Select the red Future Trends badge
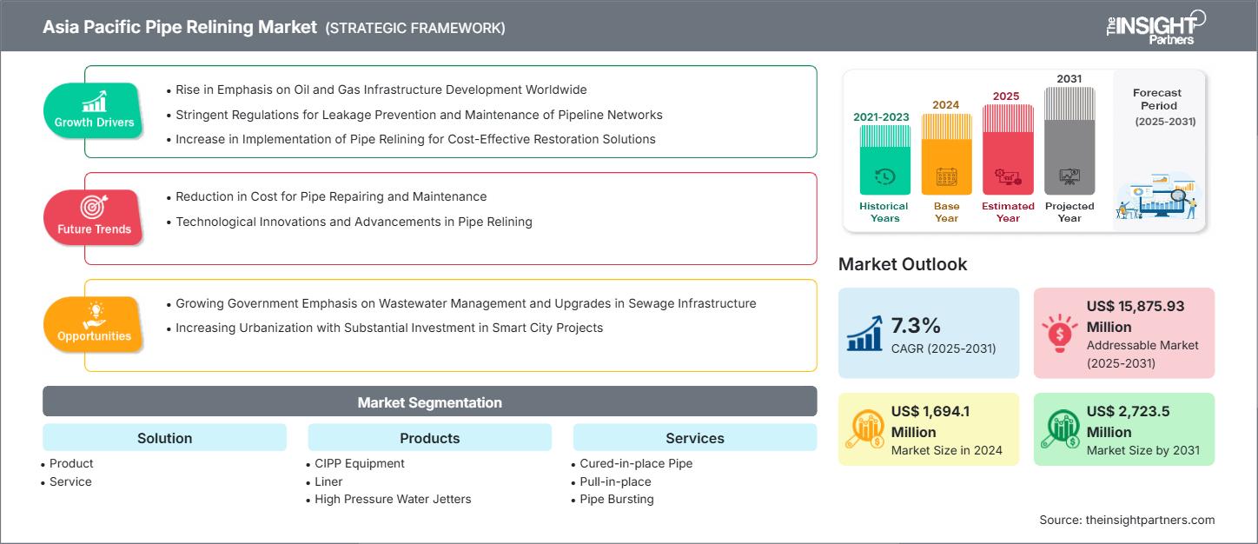pos(94,217)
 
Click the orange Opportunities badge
pos(94,324)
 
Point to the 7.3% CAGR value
pos(916,326)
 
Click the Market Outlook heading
pos(902,264)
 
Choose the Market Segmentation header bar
pos(429,402)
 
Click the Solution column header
pos(164,438)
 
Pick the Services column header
pos(694,438)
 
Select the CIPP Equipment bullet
pos(360,463)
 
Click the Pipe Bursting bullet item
pos(616,499)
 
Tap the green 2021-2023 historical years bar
pos(884,161)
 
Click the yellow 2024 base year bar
pos(946,155)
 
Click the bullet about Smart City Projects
pos(389,328)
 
